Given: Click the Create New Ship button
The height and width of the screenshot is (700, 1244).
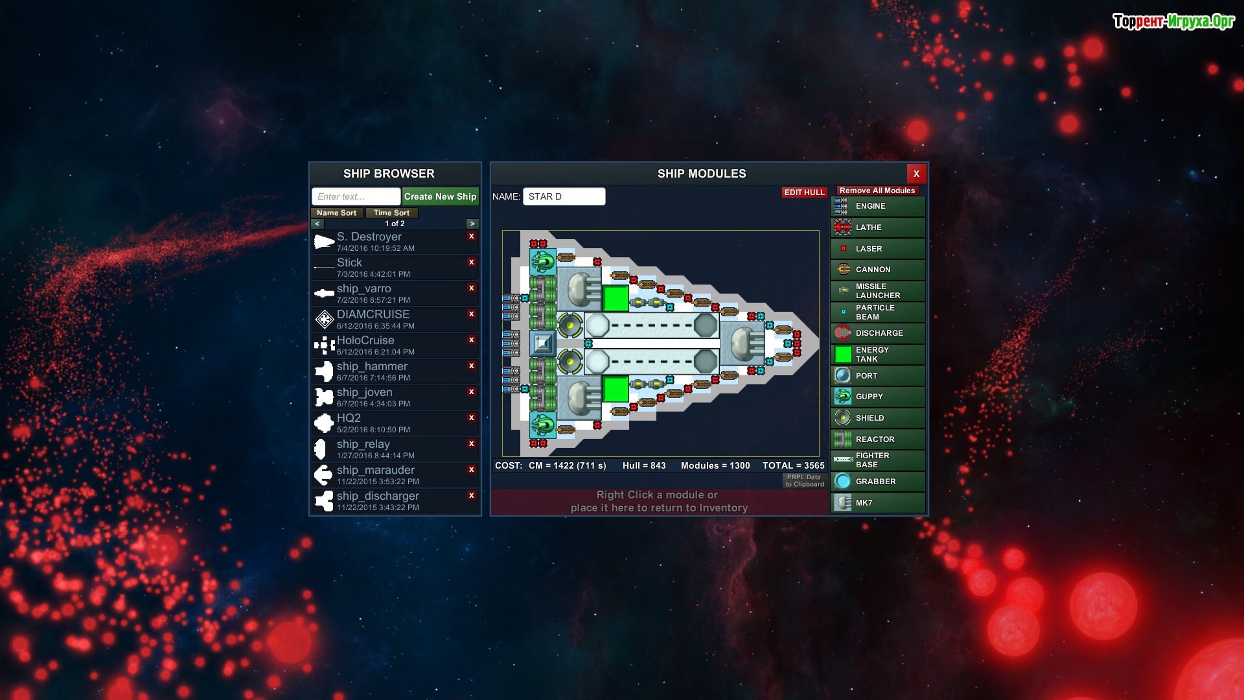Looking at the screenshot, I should (440, 196).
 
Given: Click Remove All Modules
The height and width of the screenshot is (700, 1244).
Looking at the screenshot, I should (877, 191).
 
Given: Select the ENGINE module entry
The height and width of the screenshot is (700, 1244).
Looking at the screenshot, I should (878, 206).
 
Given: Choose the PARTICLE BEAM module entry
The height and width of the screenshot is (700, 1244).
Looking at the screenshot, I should (878, 312).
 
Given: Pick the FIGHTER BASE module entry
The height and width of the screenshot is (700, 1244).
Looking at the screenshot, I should (878, 460).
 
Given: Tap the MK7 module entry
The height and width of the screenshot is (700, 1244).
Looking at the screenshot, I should (878, 503).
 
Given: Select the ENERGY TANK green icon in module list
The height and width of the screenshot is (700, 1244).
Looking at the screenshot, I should (843, 355).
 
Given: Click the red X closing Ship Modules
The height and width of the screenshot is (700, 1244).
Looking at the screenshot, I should (916, 174).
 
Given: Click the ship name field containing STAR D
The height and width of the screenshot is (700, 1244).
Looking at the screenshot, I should (564, 196).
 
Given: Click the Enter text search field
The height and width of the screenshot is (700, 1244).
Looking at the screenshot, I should (356, 196).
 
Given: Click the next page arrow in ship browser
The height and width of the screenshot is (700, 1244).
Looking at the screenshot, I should (472, 224).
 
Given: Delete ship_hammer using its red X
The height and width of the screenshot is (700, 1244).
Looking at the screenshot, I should (472, 366).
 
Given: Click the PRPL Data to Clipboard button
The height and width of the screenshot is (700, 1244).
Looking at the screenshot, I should (805, 481).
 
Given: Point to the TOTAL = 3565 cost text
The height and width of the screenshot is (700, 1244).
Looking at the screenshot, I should (793, 465).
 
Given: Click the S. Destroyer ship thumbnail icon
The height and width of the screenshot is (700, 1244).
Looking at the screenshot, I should (324, 242).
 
